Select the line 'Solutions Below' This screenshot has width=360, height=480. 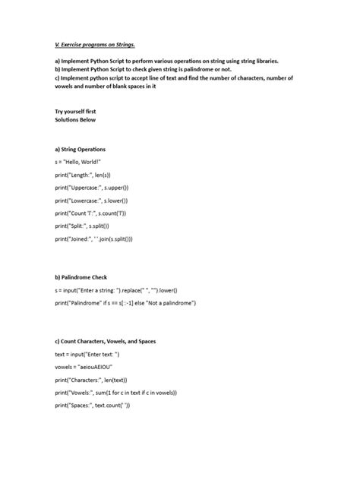click(75, 120)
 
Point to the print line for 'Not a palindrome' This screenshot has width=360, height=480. click(136, 303)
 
